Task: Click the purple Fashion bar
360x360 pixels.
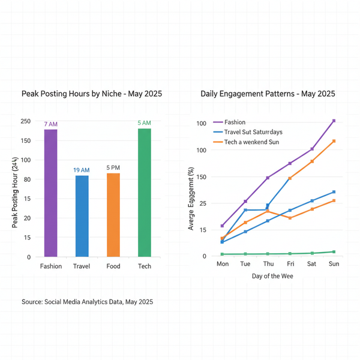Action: coord(51,193)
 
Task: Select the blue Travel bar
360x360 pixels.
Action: coord(82,216)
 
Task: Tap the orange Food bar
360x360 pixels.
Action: coord(113,215)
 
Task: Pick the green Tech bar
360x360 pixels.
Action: coord(145,193)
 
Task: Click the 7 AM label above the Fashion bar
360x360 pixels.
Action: coord(51,124)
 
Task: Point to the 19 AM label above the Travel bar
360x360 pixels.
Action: coord(82,170)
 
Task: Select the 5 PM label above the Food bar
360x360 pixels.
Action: coord(113,168)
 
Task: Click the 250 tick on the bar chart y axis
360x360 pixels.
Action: coord(25,121)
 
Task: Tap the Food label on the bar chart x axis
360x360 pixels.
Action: coord(113,266)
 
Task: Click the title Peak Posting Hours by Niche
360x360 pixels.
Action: coord(92,94)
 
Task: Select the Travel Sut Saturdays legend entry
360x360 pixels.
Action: coord(253,132)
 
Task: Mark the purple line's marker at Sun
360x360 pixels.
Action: coord(334,121)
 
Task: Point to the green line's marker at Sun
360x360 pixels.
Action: coord(334,252)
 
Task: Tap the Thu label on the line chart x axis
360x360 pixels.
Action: coord(268,264)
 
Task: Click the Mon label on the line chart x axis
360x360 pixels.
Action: coord(223,264)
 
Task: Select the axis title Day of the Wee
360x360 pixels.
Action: coord(273,277)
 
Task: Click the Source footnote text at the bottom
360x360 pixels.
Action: coord(87,302)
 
